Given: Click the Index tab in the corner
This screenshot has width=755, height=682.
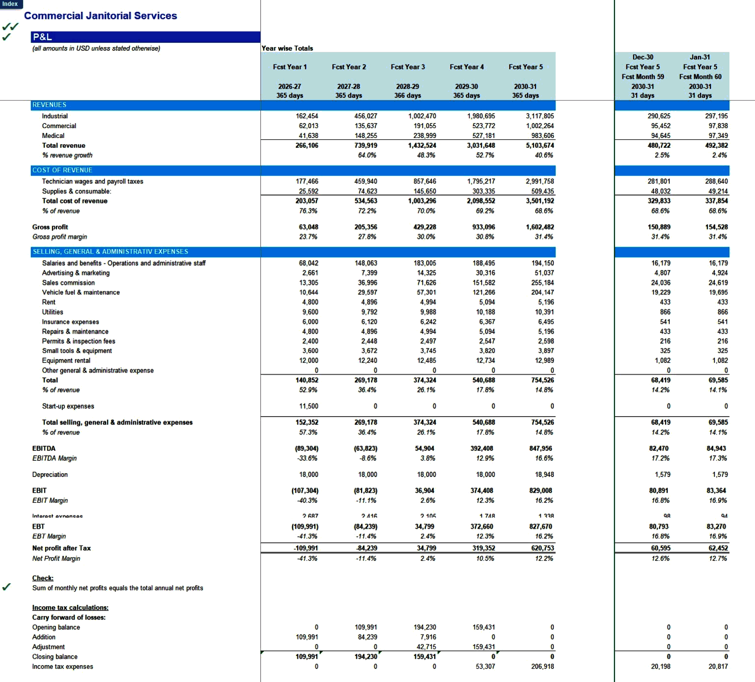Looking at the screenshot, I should pyautogui.click(x=10, y=4).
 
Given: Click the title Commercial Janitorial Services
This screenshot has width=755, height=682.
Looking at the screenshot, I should pyautogui.click(x=100, y=16).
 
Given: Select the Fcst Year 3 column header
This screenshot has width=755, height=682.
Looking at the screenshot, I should pyautogui.click(x=408, y=67).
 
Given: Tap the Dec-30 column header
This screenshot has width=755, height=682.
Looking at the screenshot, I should pyautogui.click(x=643, y=57).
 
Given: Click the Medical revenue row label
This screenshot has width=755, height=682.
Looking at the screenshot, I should pyautogui.click(x=53, y=136).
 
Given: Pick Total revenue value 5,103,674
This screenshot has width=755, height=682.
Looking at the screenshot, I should pyautogui.click(x=540, y=145).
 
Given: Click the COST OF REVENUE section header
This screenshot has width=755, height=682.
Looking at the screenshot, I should pyautogui.click(x=62, y=170).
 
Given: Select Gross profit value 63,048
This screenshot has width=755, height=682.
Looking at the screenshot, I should pyautogui.click(x=308, y=227).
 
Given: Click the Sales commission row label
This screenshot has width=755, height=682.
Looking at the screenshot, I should pyautogui.click(x=68, y=283).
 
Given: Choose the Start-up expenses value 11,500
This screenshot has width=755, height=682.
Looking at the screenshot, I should pyautogui.click(x=308, y=406).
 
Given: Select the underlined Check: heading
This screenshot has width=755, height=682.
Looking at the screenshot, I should pyautogui.click(x=43, y=578).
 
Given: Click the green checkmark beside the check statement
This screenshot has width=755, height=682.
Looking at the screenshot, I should pyautogui.click(x=6, y=587).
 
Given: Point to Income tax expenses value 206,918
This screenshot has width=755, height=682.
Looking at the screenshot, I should pyautogui.click(x=542, y=666).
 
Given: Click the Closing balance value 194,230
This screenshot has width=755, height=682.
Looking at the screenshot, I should pyautogui.click(x=366, y=656).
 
